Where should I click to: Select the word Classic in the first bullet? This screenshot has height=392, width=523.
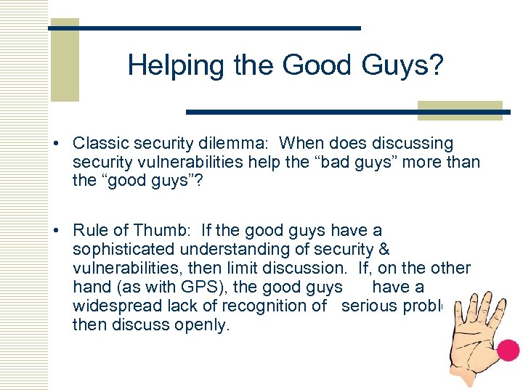(101, 144)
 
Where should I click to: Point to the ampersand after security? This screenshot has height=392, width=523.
(385, 250)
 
